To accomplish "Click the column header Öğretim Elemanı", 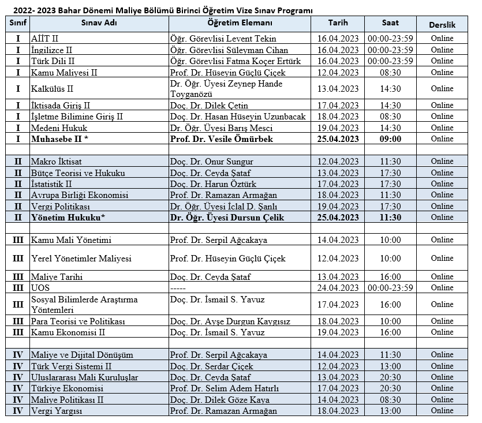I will pos(240,23).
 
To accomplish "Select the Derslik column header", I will pos(442,25).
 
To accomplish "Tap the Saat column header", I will pos(390,23).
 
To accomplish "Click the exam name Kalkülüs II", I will pos(53,89).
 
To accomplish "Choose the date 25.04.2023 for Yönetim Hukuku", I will pos(338,218).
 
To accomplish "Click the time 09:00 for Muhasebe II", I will pos(390,139).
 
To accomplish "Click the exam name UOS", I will pos(40,287).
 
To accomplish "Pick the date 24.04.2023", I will pos(338,287).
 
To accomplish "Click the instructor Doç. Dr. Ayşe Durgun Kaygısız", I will pos(230,321).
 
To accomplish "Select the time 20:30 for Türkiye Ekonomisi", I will pos(390,388).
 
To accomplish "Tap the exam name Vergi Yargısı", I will pos(57,411).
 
